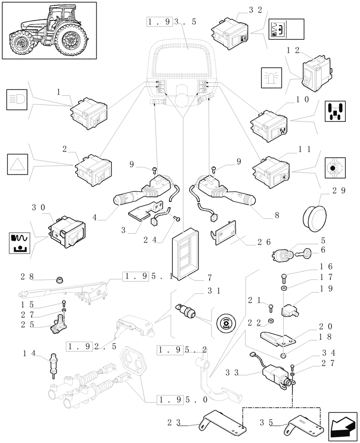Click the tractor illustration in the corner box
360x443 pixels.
[49, 30]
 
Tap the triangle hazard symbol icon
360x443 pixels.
[18, 164]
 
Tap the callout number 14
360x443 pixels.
[30, 354]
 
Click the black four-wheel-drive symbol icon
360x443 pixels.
[334, 111]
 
